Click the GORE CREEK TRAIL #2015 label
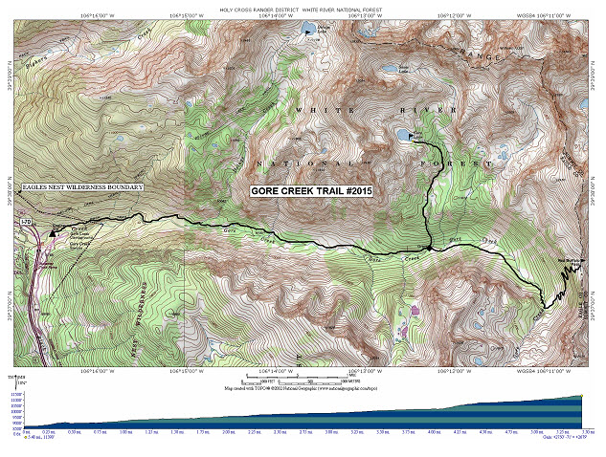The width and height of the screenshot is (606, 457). [x=311, y=191]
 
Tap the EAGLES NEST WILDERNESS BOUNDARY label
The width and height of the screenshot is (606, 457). [x=83, y=187]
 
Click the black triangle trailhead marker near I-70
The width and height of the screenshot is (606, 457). [x=54, y=231]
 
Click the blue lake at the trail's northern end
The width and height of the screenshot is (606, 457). [x=400, y=134]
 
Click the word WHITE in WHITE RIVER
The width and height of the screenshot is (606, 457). [x=311, y=112]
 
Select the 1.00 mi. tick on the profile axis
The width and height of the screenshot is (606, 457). [x=126, y=431]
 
